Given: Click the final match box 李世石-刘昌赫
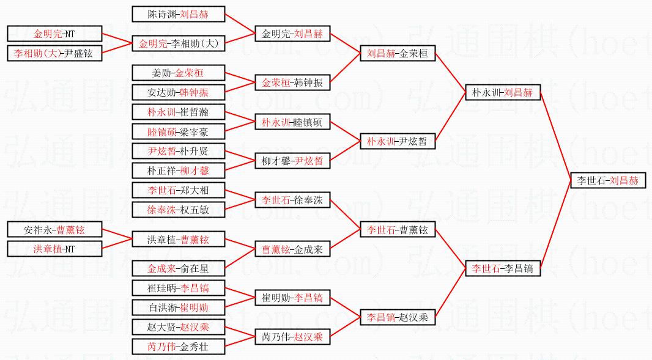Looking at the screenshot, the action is click(x=607, y=181).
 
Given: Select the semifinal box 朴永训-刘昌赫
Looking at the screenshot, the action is click(x=502, y=93).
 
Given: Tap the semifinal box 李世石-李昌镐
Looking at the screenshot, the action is click(x=502, y=268).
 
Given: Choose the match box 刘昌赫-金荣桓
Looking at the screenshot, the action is click(x=398, y=54).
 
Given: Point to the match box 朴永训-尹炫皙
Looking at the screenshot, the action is click(x=398, y=142).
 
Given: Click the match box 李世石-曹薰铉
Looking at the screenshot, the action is click(x=398, y=230).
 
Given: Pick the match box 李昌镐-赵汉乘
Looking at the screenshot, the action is click(x=398, y=317).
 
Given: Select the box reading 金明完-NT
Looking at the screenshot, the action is click(x=54, y=34).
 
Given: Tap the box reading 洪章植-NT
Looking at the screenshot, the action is click(x=54, y=249).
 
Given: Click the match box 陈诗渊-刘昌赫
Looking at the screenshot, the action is click(x=178, y=15).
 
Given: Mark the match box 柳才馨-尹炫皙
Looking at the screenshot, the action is click(x=292, y=161).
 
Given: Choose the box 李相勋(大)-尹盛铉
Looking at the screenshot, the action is click(x=54, y=54).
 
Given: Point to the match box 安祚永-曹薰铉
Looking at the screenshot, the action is click(x=54, y=230).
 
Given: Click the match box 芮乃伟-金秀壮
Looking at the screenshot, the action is click(x=178, y=347).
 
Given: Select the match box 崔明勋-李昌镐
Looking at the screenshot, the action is click(x=292, y=298).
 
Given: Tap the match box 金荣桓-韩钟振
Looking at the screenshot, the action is click(x=292, y=83).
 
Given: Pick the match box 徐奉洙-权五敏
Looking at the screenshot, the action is click(x=178, y=210).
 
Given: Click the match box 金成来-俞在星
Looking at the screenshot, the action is click(x=178, y=268).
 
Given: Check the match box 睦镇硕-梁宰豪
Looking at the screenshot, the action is click(x=178, y=131).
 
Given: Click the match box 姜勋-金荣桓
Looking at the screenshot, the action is click(x=178, y=73).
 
